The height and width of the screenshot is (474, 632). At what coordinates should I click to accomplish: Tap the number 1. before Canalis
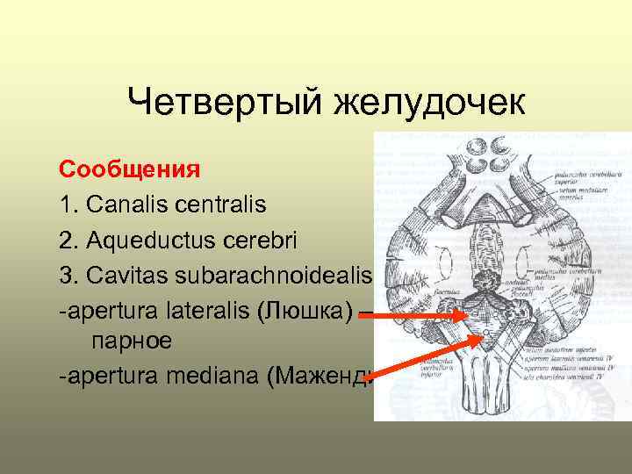point(69,205)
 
